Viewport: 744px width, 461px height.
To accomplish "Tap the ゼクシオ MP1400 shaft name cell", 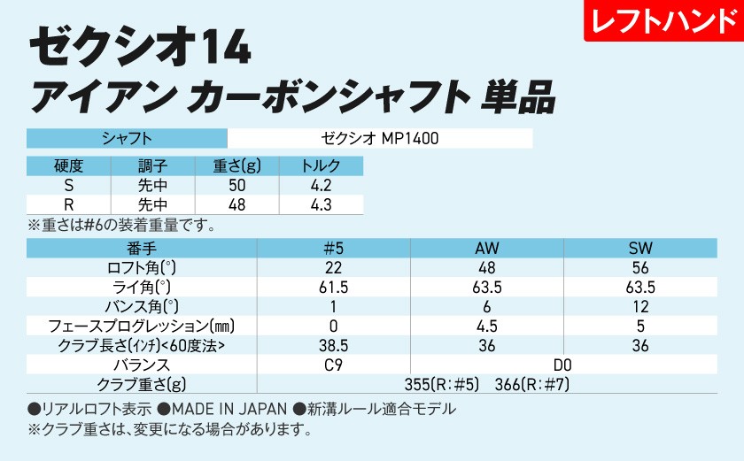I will (380, 139).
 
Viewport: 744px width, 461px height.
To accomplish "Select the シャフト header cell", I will (128, 139).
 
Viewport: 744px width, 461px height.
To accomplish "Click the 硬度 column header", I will (68, 167).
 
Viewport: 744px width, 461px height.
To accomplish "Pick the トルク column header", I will (321, 167).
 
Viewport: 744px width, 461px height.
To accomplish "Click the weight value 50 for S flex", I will (236, 186).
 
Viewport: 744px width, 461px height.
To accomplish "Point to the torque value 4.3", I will (321, 205).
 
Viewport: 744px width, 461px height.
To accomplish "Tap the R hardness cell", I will (68, 205).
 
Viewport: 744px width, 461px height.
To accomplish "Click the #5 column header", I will (333, 249).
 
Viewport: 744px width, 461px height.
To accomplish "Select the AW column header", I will (487, 249).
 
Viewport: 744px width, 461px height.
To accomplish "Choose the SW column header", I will (639, 249).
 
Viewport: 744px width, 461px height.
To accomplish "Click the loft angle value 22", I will (333, 268).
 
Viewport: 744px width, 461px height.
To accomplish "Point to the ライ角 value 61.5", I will (333, 288).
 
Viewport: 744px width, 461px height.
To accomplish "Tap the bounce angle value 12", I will (639, 307).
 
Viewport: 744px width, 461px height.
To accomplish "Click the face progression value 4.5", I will (487, 326).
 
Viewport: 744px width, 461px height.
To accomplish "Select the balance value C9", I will (333, 365).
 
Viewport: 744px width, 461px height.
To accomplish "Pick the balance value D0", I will (563, 365).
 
